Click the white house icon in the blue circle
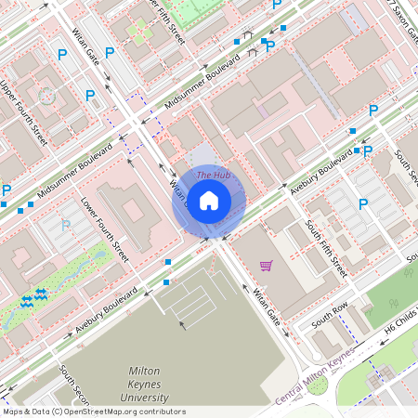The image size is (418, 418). [x=208, y=200]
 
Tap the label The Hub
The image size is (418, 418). [x=213, y=175]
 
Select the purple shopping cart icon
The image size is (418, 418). [x=267, y=266]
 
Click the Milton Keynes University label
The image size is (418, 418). [x=150, y=385]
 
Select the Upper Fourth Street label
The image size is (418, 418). [x=23, y=111]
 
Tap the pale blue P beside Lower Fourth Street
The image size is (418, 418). [x=65, y=226]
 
